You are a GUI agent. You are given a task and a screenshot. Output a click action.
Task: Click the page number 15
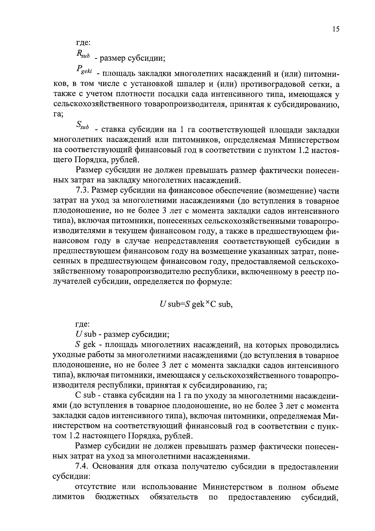(x=336, y=29)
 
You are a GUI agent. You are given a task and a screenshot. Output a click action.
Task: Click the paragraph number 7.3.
(x=82, y=191)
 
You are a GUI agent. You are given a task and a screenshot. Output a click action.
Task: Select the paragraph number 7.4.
(x=82, y=467)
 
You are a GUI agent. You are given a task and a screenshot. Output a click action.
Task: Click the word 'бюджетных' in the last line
(x=117, y=497)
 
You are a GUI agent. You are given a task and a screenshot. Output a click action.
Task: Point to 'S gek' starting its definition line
(x=85, y=345)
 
